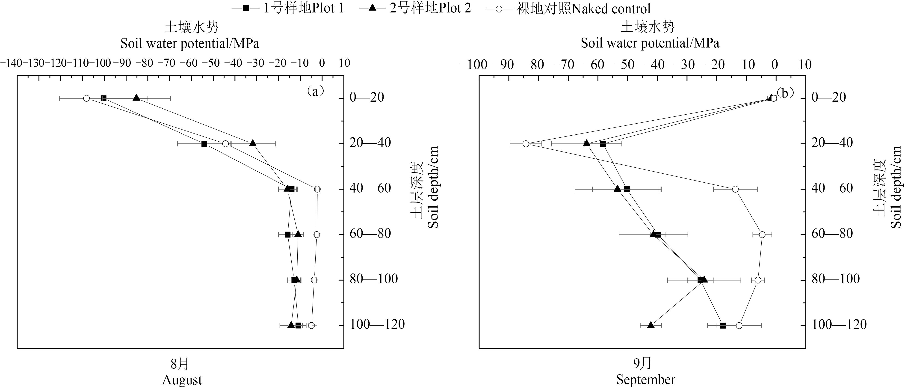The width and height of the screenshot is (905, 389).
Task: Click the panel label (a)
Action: click(315, 91)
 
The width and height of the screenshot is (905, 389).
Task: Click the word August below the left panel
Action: click(182, 380)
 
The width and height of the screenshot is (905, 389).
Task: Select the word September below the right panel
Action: click(646, 380)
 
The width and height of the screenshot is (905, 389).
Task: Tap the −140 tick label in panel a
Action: click(11, 63)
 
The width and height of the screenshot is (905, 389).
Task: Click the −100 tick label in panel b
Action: click(473, 65)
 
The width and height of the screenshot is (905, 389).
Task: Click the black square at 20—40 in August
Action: click(204, 144)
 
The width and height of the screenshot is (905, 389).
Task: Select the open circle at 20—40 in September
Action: click(526, 144)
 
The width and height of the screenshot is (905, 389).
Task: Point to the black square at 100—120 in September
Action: click(723, 325)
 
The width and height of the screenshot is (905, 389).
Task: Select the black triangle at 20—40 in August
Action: click(253, 143)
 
